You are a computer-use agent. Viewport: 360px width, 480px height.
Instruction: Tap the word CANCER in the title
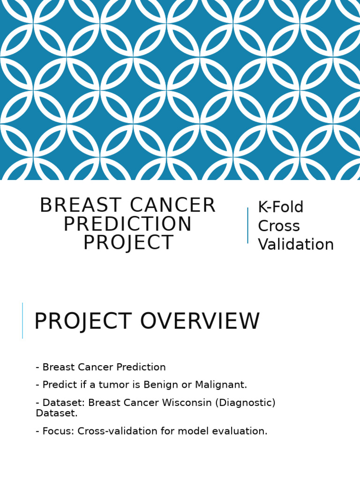(x=172, y=206)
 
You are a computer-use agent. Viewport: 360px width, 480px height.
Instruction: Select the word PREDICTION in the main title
(x=127, y=225)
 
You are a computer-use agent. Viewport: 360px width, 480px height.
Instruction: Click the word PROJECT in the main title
(x=128, y=243)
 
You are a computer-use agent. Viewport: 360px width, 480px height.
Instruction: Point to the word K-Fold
(x=281, y=207)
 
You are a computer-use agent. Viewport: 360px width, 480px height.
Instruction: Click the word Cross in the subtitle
(x=279, y=226)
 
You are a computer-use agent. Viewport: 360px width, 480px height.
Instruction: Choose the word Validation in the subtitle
(x=296, y=245)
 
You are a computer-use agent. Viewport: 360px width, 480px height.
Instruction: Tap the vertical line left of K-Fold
(x=247, y=225)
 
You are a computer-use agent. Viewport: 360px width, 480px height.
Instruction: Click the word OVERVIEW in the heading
(x=200, y=322)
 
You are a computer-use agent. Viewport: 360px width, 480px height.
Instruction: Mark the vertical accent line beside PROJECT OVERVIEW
(x=22, y=321)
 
